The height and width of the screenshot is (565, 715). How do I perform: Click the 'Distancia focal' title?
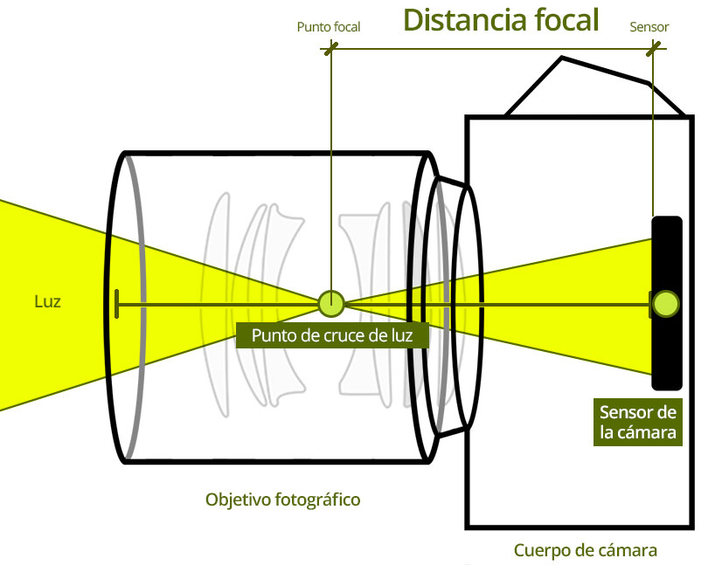[501, 20]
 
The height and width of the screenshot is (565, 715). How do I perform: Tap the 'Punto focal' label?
[329, 27]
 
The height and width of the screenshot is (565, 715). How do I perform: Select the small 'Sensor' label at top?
[649, 27]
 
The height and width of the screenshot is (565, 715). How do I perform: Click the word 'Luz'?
[47, 301]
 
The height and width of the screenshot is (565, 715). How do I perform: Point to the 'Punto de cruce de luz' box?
[332, 335]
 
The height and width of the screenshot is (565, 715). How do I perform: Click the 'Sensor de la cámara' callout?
[637, 422]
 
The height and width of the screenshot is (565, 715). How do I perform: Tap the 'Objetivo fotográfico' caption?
[282, 500]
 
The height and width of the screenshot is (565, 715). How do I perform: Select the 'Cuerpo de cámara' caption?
[586, 550]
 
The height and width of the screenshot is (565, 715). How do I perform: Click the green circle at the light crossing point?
[331, 304]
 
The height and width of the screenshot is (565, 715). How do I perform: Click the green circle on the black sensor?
[665, 304]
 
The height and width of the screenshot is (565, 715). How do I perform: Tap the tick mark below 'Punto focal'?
[331, 48]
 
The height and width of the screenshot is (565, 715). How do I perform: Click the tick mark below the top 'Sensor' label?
[653, 48]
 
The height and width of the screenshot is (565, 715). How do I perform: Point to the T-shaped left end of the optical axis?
[117, 304]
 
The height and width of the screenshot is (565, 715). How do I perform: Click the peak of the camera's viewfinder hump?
[561, 58]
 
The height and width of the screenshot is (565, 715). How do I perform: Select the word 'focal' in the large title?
[566, 20]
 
